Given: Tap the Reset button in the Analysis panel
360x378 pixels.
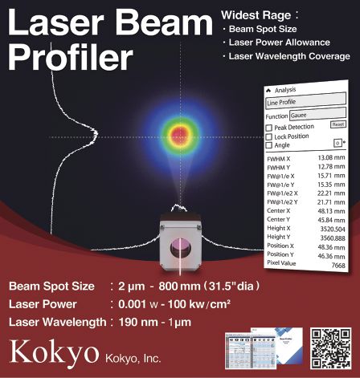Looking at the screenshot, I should pyautogui.click(x=337, y=124).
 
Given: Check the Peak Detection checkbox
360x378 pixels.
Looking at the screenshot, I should pyautogui.click(x=268, y=127).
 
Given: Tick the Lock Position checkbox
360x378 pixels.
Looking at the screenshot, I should pyautogui.click(x=268, y=136).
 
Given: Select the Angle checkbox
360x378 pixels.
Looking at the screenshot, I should pyautogui.click(x=268, y=145).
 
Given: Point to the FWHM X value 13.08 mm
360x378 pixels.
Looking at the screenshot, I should pyautogui.click(x=329, y=158).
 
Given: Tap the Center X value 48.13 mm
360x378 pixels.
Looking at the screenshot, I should pyautogui.click(x=329, y=211).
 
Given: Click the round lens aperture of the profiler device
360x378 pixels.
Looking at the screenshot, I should pyautogui.click(x=180, y=244).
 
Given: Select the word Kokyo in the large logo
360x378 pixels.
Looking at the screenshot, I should pyautogui.click(x=51, y=350).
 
